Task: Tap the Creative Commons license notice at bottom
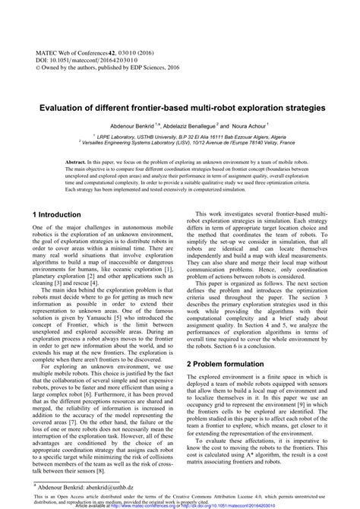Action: (179, 495)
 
